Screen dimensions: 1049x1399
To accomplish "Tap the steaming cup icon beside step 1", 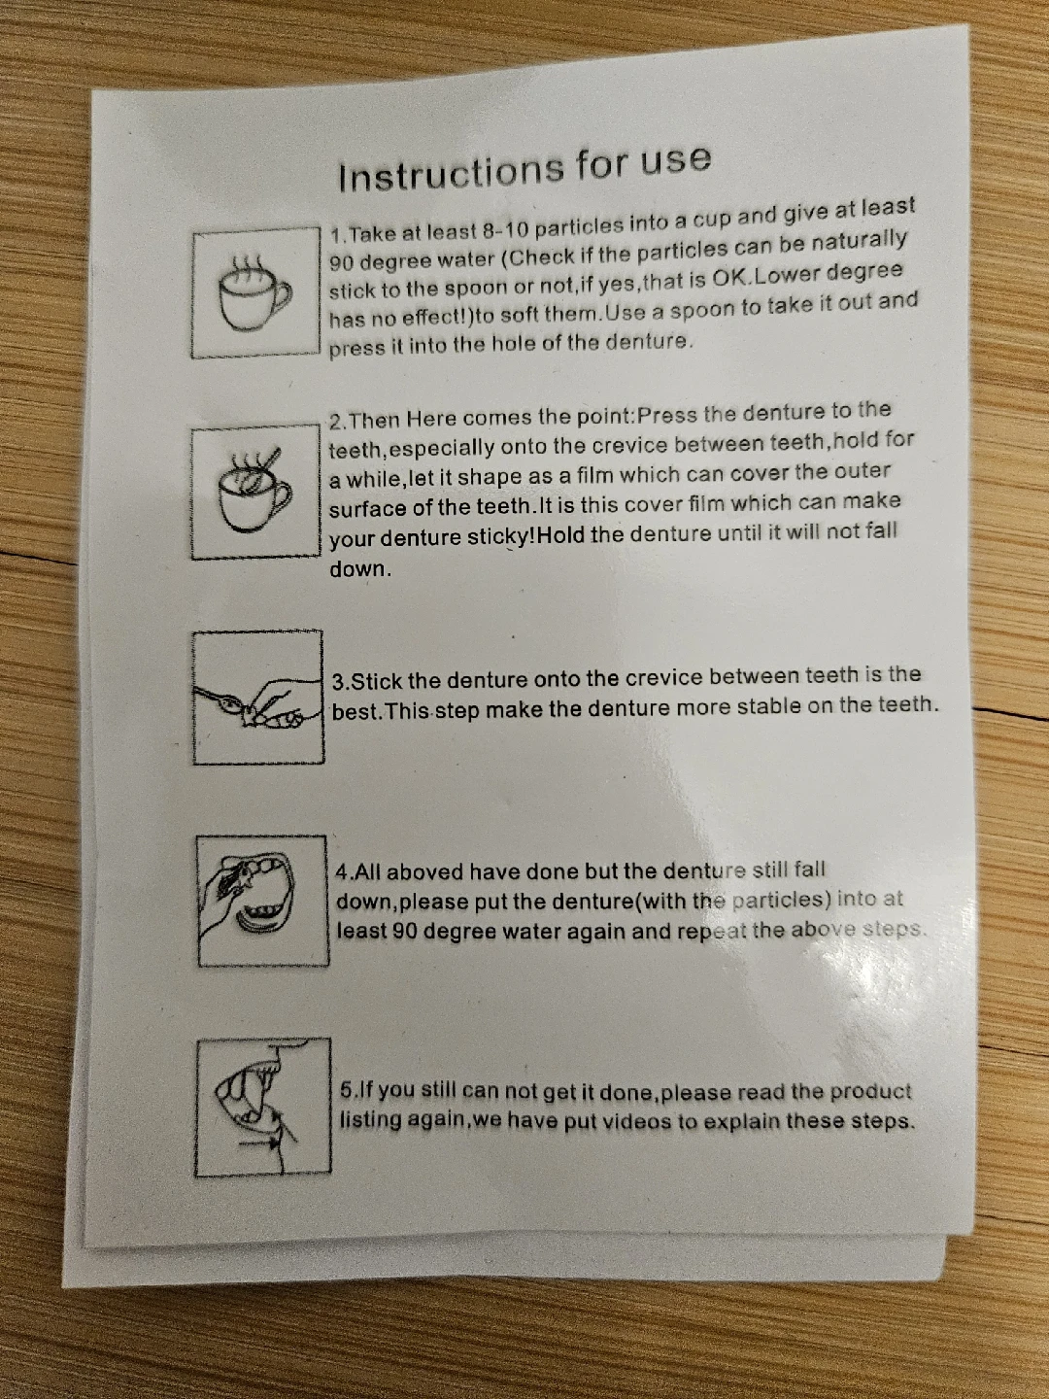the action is coord(255,293).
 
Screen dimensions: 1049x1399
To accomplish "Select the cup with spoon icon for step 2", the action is coord(255,494).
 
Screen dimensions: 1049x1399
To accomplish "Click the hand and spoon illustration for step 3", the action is coord(258,698).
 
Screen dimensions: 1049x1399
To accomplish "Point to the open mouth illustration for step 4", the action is coord(262,902).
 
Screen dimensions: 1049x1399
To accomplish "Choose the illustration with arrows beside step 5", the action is coord(262,1107).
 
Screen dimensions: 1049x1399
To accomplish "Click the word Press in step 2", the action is coord(667,415).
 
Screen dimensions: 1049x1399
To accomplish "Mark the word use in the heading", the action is coord(674,160).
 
